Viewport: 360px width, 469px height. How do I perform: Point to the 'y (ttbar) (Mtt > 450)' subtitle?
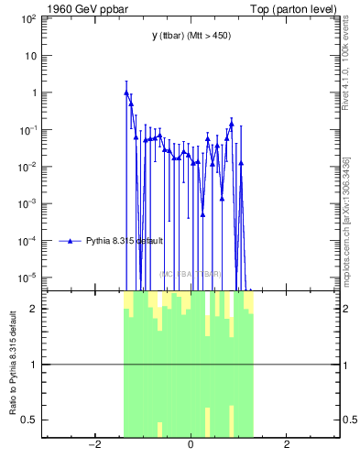point(191,36)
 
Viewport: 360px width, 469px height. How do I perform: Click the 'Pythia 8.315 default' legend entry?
point(124,241)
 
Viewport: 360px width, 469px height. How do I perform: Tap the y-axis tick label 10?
point(29,56)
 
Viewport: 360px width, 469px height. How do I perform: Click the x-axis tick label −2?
point(93,445)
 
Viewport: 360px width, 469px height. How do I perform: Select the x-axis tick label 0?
point(191,445)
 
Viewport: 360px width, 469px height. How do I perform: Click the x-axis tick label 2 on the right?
point(287,445)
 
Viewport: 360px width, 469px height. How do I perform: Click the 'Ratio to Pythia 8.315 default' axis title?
point(13,365)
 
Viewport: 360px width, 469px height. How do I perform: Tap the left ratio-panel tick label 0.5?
point(27,420)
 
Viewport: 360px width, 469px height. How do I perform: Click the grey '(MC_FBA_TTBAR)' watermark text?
point(191,274)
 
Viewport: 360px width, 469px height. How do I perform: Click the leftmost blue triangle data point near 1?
point(126,93)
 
